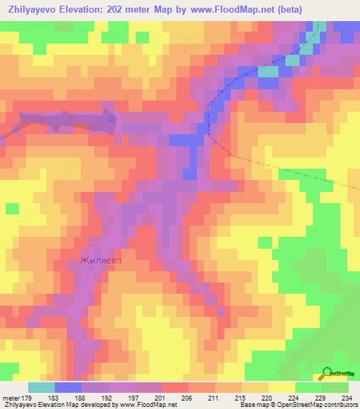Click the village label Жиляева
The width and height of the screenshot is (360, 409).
pyautogui.click(x=101, y=261)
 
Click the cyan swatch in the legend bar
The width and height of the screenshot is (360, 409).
pyautogui.click(x=41, y=387)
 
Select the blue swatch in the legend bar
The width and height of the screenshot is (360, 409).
pyautogui.click(x=68, y=387)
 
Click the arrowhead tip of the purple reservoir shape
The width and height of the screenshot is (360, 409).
pyautogui.click(x=116, y=119)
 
